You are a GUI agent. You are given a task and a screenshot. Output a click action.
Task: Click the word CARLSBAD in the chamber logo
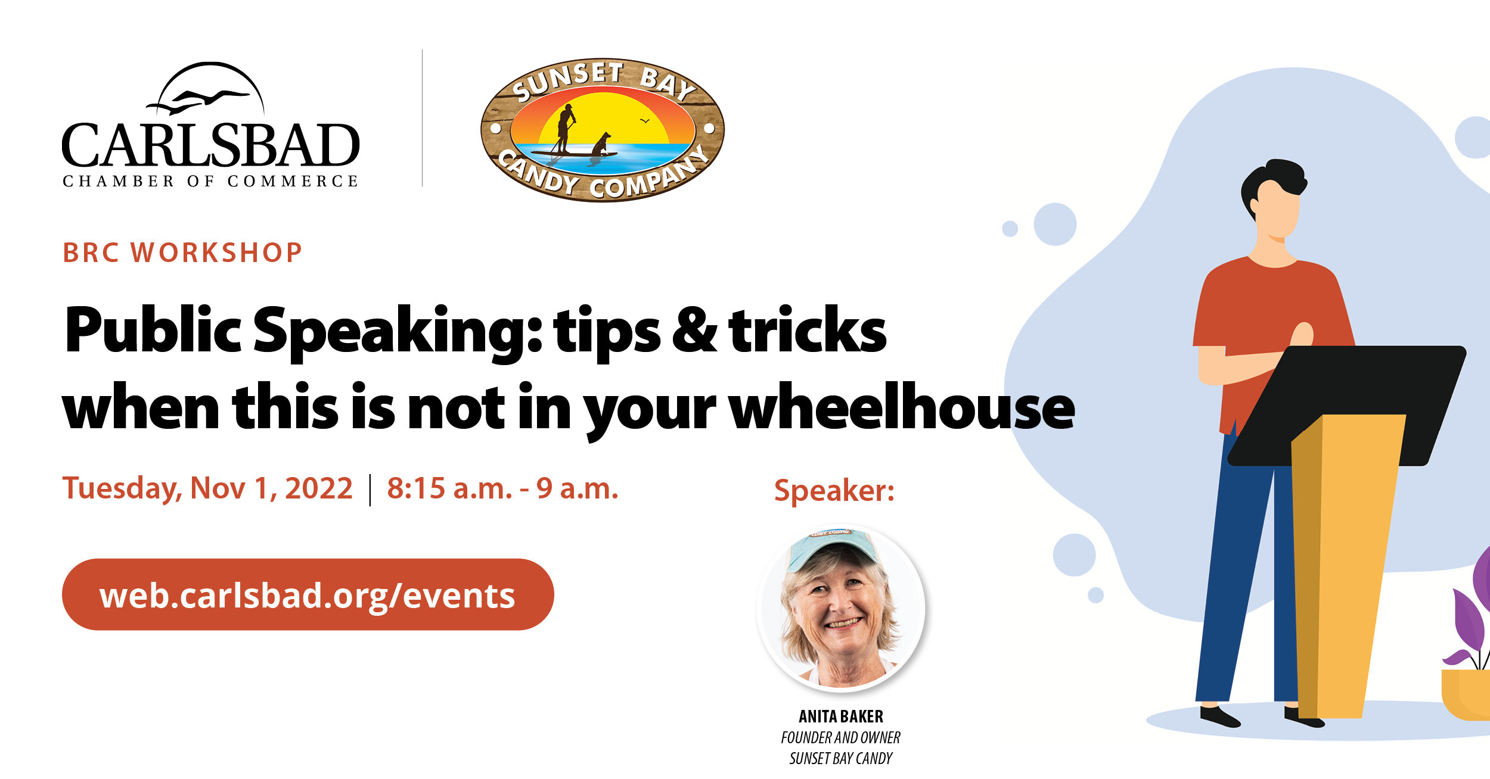(x=211, y=145)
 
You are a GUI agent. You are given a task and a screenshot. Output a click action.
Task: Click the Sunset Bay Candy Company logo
(x=603, y=130)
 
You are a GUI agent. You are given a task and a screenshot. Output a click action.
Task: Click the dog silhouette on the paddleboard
(x=601, y=145)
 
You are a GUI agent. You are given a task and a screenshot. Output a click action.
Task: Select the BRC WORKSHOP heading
(x=183, y=253)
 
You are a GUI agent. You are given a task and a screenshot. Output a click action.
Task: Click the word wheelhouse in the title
(x=902, y=407)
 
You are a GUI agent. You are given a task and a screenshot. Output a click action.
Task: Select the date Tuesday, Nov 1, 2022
(x=207, y=488)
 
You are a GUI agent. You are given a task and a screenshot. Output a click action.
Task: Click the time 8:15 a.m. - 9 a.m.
(x=502, y=488)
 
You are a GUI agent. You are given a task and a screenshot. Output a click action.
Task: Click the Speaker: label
(x=834, y=491)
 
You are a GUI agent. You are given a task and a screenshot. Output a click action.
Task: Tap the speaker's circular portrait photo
(x=841, y=608)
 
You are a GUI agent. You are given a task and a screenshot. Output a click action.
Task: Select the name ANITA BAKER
(x=841, y=716)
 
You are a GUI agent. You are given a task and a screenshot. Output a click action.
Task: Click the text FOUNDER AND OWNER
(x=841, y=737)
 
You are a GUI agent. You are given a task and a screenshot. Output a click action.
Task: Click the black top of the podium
(x=1347, y=405)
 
